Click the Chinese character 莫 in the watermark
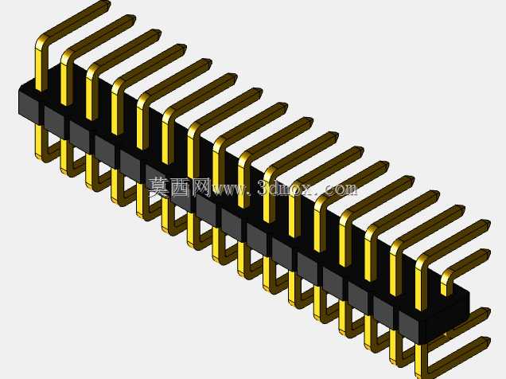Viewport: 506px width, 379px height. click(x=158, y=187)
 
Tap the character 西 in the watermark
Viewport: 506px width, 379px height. click(x=179, y=187)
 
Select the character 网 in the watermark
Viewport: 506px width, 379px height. click(x=200, y=187)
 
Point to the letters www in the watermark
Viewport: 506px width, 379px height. click(x=230, y=189)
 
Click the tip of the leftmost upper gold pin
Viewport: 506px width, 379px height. click(x=107, y=5)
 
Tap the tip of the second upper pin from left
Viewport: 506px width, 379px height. click(x=132, y=19)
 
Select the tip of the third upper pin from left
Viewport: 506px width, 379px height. click(x=158, y=33)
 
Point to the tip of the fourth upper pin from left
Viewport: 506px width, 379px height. click(x=183, y=48)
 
